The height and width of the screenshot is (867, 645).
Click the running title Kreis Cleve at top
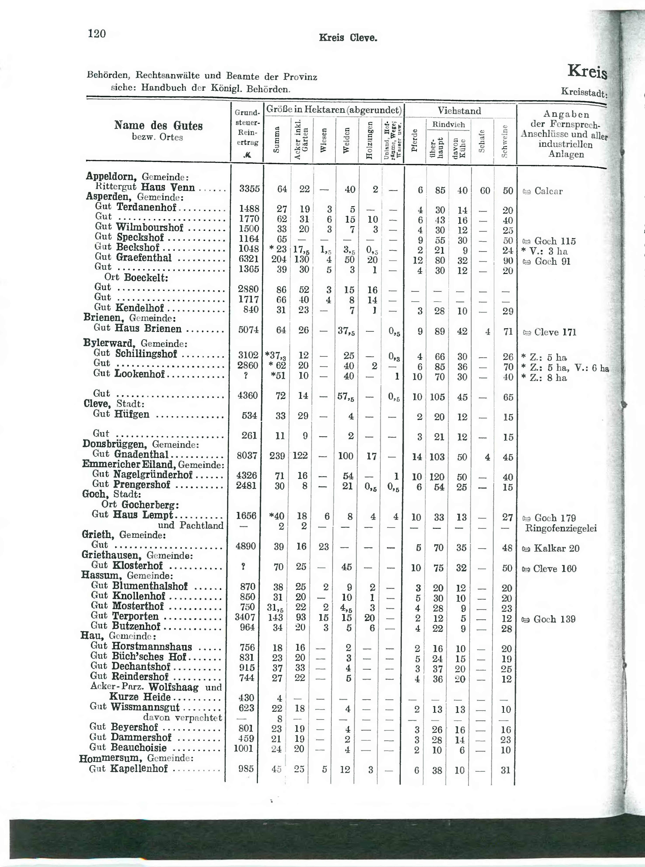(348, 38)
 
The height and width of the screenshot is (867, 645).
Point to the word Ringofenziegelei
(561, 529)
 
